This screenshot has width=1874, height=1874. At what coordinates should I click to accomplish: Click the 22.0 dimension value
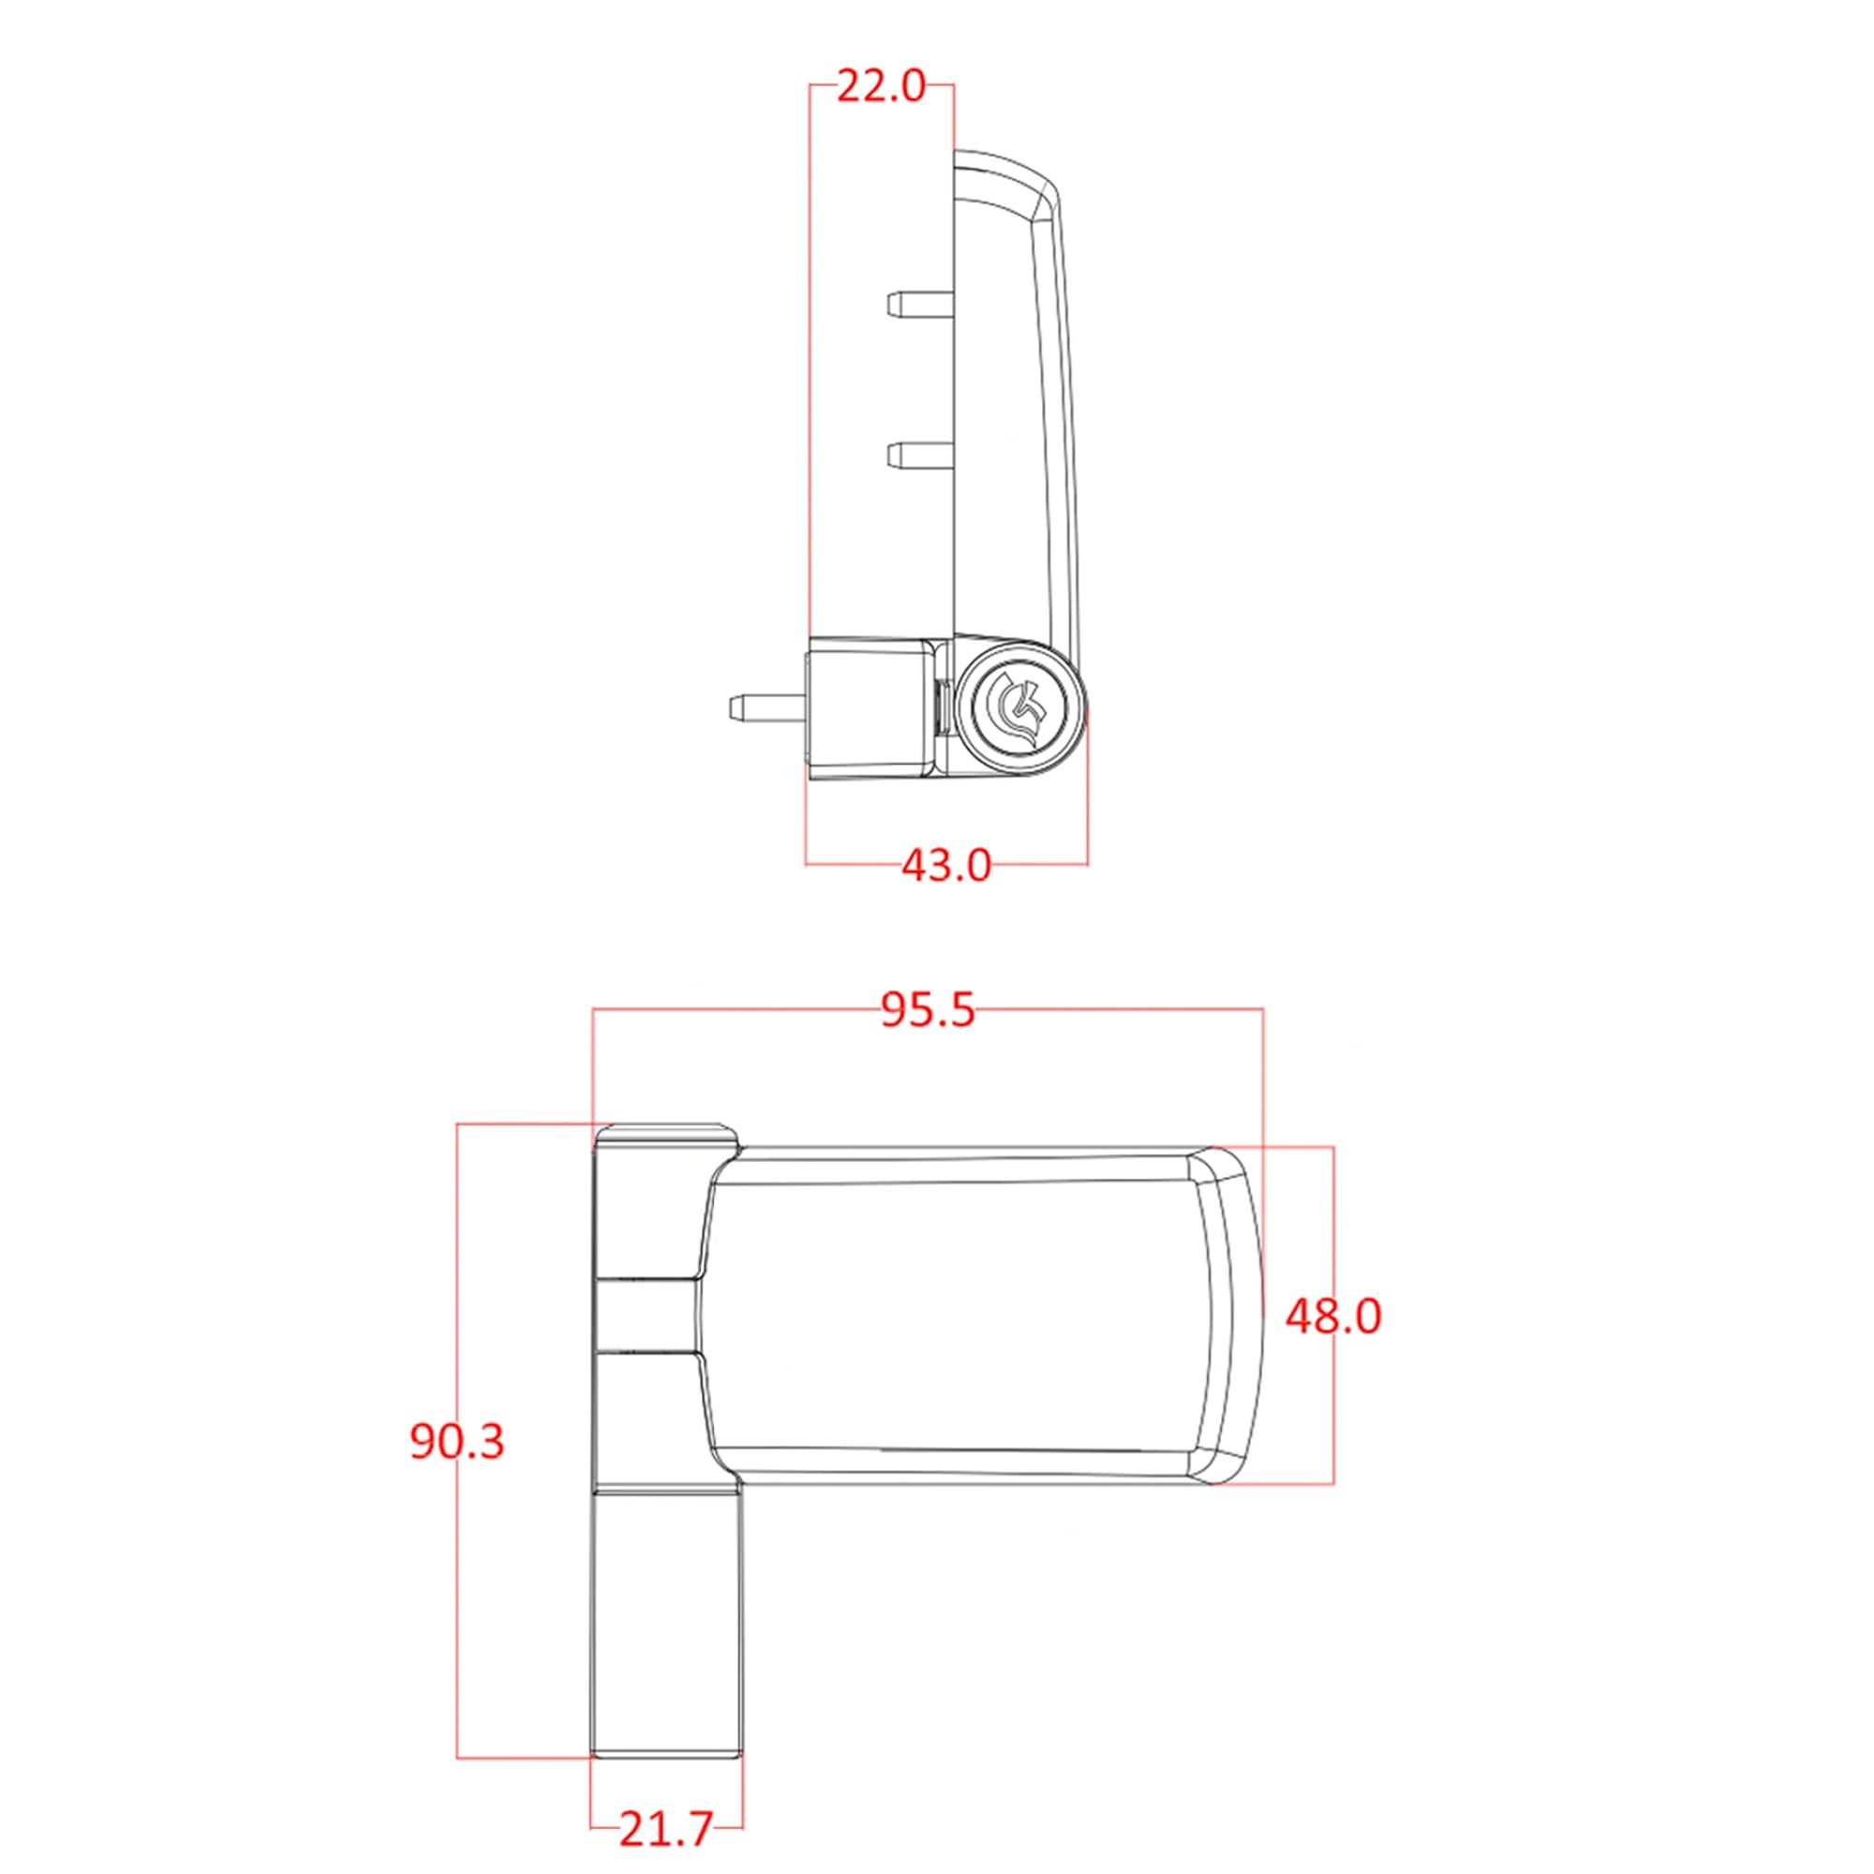(881, 86)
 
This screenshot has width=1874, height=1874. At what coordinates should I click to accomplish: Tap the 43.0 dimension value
(946, 864)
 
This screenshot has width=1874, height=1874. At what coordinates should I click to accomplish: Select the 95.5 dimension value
(929, 1012)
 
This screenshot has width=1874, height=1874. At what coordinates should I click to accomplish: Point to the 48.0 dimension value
(1332, 1316)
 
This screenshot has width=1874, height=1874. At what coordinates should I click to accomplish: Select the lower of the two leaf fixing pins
(919, 453)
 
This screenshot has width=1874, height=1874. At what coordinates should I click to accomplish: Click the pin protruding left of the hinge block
(766, 707)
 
